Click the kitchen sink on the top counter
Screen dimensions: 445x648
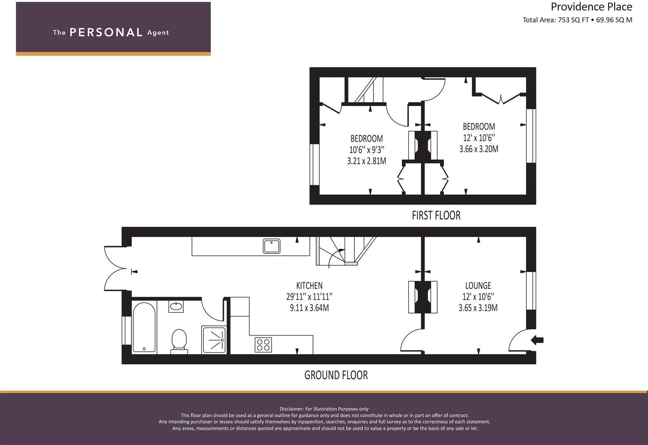[x=271, y=246]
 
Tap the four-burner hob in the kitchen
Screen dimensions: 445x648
[x=263, y=344]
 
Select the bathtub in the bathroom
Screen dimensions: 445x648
[x=144, y=327]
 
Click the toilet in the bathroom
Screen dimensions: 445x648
[x=179, y=341]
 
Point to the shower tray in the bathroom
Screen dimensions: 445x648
[x=214, y=339]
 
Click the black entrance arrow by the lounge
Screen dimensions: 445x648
[x=537, y=340]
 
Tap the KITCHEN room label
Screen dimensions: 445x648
[x=309, y=285]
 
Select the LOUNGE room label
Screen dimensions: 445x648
[x=478, y=285]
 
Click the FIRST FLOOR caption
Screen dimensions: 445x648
[x=436, y=215]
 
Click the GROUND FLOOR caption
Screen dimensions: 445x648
[x=336, y=375]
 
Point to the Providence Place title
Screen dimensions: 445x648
[x=591, y=7]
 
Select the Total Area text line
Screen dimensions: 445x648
[x=577, y=20]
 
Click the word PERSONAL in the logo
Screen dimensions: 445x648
[x=106, y=33]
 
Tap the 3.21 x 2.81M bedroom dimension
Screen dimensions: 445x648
[x=366, y=161]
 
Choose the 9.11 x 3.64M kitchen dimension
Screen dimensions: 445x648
[x=309, y=308]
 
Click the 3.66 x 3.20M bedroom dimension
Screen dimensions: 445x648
[x=478, y=149]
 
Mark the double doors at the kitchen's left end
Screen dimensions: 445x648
[x=115, y=269]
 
